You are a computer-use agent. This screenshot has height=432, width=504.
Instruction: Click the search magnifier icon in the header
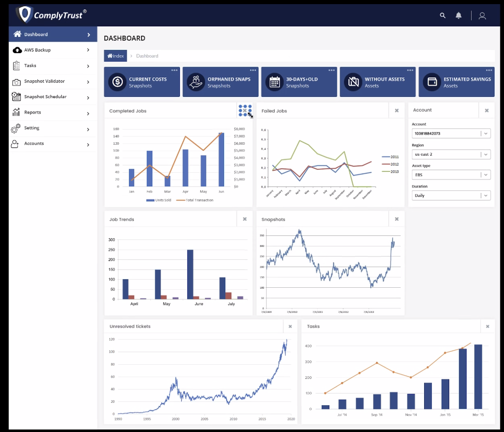pos(443,16)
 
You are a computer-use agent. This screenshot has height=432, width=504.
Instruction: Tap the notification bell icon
pos(458,16)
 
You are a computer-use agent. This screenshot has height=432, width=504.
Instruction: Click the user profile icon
pos(482,16)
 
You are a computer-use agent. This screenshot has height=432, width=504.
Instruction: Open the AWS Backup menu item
pos(37,50)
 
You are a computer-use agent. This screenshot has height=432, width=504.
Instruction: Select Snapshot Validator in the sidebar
pos(44,81)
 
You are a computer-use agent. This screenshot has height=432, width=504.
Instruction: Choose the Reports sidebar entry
pos(33,112)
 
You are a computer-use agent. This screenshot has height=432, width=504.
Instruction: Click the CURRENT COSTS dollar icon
pos(118,82)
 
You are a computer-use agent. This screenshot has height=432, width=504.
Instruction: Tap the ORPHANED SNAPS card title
pos(229,79)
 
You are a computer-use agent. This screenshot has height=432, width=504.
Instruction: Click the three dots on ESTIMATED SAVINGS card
pos(489,70)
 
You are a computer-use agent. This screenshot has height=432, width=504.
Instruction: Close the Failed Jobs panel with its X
pos(397,110)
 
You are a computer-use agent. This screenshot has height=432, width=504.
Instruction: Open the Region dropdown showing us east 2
pos(451,154)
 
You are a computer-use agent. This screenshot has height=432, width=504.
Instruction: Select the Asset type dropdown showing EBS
pos(451,175)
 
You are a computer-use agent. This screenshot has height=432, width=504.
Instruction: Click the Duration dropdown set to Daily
pos(451,195)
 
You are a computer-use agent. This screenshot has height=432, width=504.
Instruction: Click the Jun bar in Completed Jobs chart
pos(221,160)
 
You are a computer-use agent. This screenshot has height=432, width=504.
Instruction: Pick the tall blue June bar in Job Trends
pos(190,274)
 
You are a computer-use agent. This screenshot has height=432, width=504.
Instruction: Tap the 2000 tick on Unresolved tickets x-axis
pos(176,419)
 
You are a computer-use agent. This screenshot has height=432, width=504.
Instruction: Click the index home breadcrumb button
pos(116,56)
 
